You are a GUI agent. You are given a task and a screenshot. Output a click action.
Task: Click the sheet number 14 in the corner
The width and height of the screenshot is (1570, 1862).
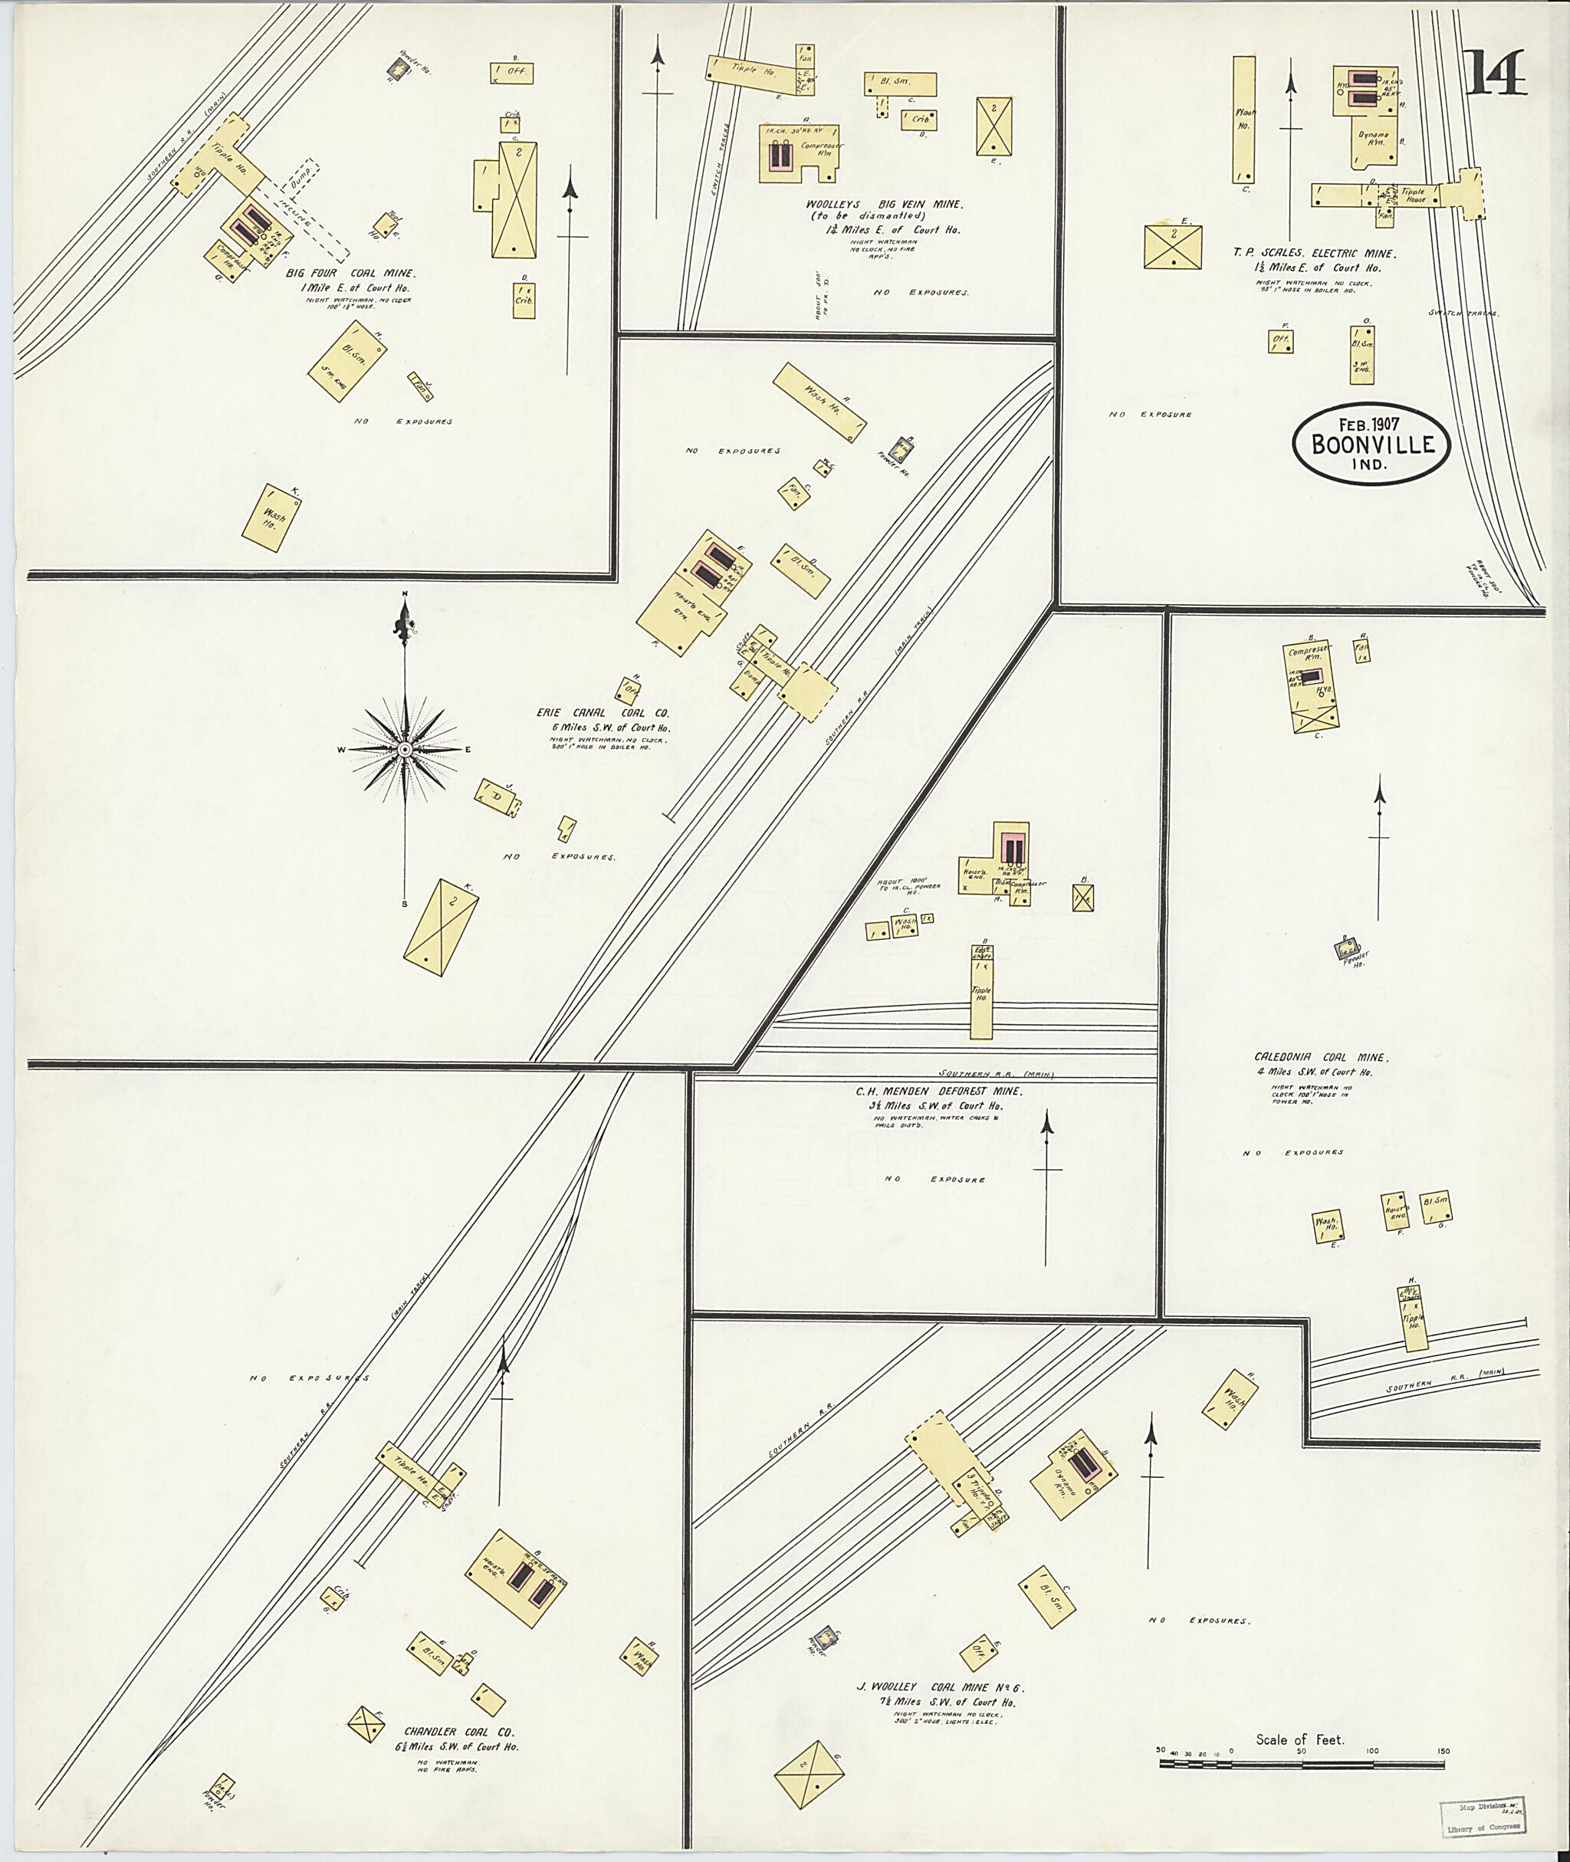click(1496, 73)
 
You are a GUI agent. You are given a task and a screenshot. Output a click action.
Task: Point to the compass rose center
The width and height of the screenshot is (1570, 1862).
click(405, 750)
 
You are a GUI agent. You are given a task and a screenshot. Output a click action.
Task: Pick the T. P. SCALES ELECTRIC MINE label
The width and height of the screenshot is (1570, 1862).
click(1314, 254)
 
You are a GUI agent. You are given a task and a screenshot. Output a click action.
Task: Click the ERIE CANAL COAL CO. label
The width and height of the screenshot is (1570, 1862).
click(602, 713)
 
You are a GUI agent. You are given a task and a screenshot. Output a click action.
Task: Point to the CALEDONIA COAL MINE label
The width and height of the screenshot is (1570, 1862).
click(1321, 1057)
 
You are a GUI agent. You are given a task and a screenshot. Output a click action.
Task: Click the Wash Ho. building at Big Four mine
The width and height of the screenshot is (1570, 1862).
click(271, 517)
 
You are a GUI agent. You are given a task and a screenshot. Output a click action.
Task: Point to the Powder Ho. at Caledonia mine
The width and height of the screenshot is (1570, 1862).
click(1348, 950)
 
